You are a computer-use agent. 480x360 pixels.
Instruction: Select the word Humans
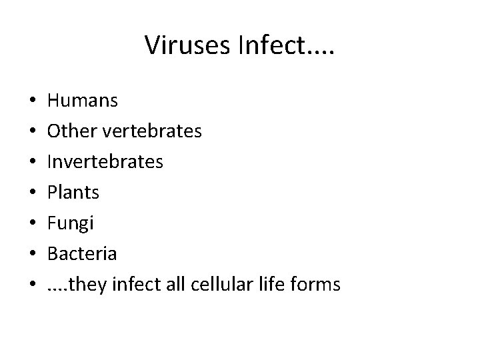(83, 101)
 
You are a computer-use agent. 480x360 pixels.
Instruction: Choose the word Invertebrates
(105, 163)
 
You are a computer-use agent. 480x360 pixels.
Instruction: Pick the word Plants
(73, 193)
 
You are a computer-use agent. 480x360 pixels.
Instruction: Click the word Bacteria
(82, 255)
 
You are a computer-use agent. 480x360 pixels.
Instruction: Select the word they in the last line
(82, 285)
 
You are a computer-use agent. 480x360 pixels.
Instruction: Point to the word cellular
(215, 285)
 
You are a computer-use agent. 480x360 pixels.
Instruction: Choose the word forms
(315, 285)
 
